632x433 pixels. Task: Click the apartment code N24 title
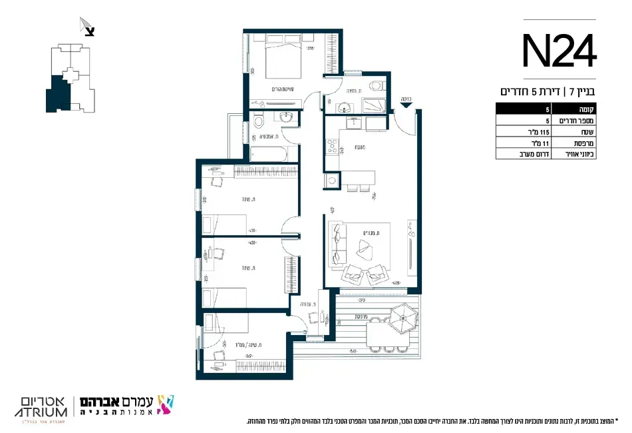(558, 52)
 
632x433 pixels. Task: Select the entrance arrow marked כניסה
(406, 100)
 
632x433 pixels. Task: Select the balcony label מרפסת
(361, 316)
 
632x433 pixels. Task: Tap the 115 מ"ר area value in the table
(525, 132)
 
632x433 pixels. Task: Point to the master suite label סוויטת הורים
(282, 89)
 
